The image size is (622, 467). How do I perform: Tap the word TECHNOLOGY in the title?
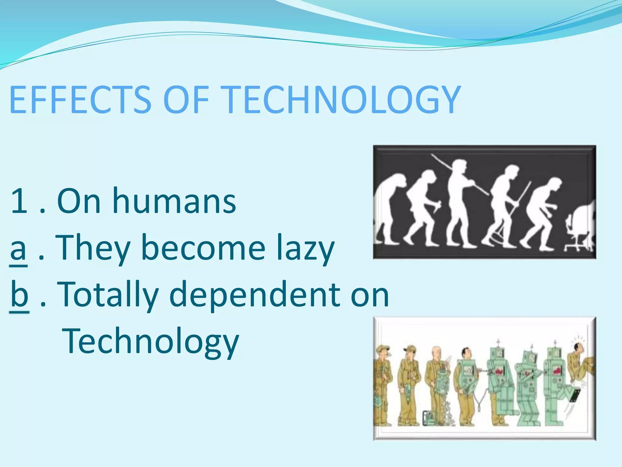click(340, 99)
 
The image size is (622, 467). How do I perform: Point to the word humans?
click(174, 201)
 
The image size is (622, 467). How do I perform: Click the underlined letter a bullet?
click(18, 248)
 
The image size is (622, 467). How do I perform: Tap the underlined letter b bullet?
click(19, 294)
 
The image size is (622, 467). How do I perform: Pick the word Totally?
click(108, 294)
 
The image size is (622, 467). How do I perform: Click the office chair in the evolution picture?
click(576, 231)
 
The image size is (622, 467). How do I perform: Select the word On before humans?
click(79, 201)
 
